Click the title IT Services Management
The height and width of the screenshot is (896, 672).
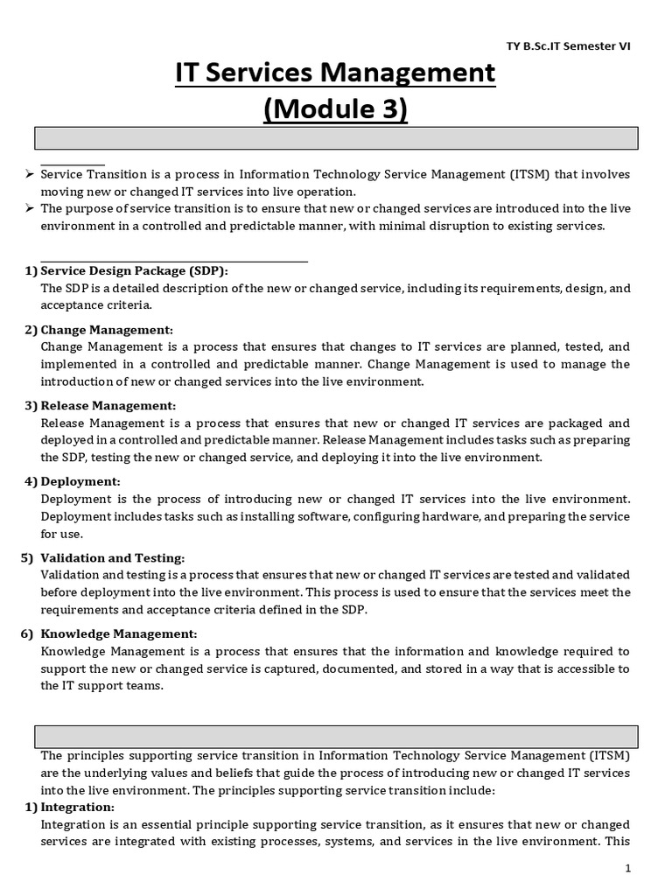coord(335,73)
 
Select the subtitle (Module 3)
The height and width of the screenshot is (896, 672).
coord(335,111)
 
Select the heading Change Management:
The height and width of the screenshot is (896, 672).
coord(107,330)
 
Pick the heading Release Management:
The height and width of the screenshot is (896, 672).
coord(108,406)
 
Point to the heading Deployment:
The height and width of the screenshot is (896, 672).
coord(80,482)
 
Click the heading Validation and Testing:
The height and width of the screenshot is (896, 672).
coord(113,558)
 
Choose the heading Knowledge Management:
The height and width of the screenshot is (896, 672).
coord(119,633)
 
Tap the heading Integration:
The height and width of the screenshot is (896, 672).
coord(78,807)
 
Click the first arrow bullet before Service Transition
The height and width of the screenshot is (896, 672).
coord(29,174)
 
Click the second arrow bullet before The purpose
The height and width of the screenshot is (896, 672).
coord(29,208)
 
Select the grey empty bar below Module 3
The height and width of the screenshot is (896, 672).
coord(335,138)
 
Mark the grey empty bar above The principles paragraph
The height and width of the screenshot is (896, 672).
coord(335,736)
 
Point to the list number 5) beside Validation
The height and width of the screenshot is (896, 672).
coord(27,558)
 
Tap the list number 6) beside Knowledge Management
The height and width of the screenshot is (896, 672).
coord(27,633)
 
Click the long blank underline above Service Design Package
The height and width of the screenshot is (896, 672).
coord(174,260)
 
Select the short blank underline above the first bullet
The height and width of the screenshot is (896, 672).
coord(73,164)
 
